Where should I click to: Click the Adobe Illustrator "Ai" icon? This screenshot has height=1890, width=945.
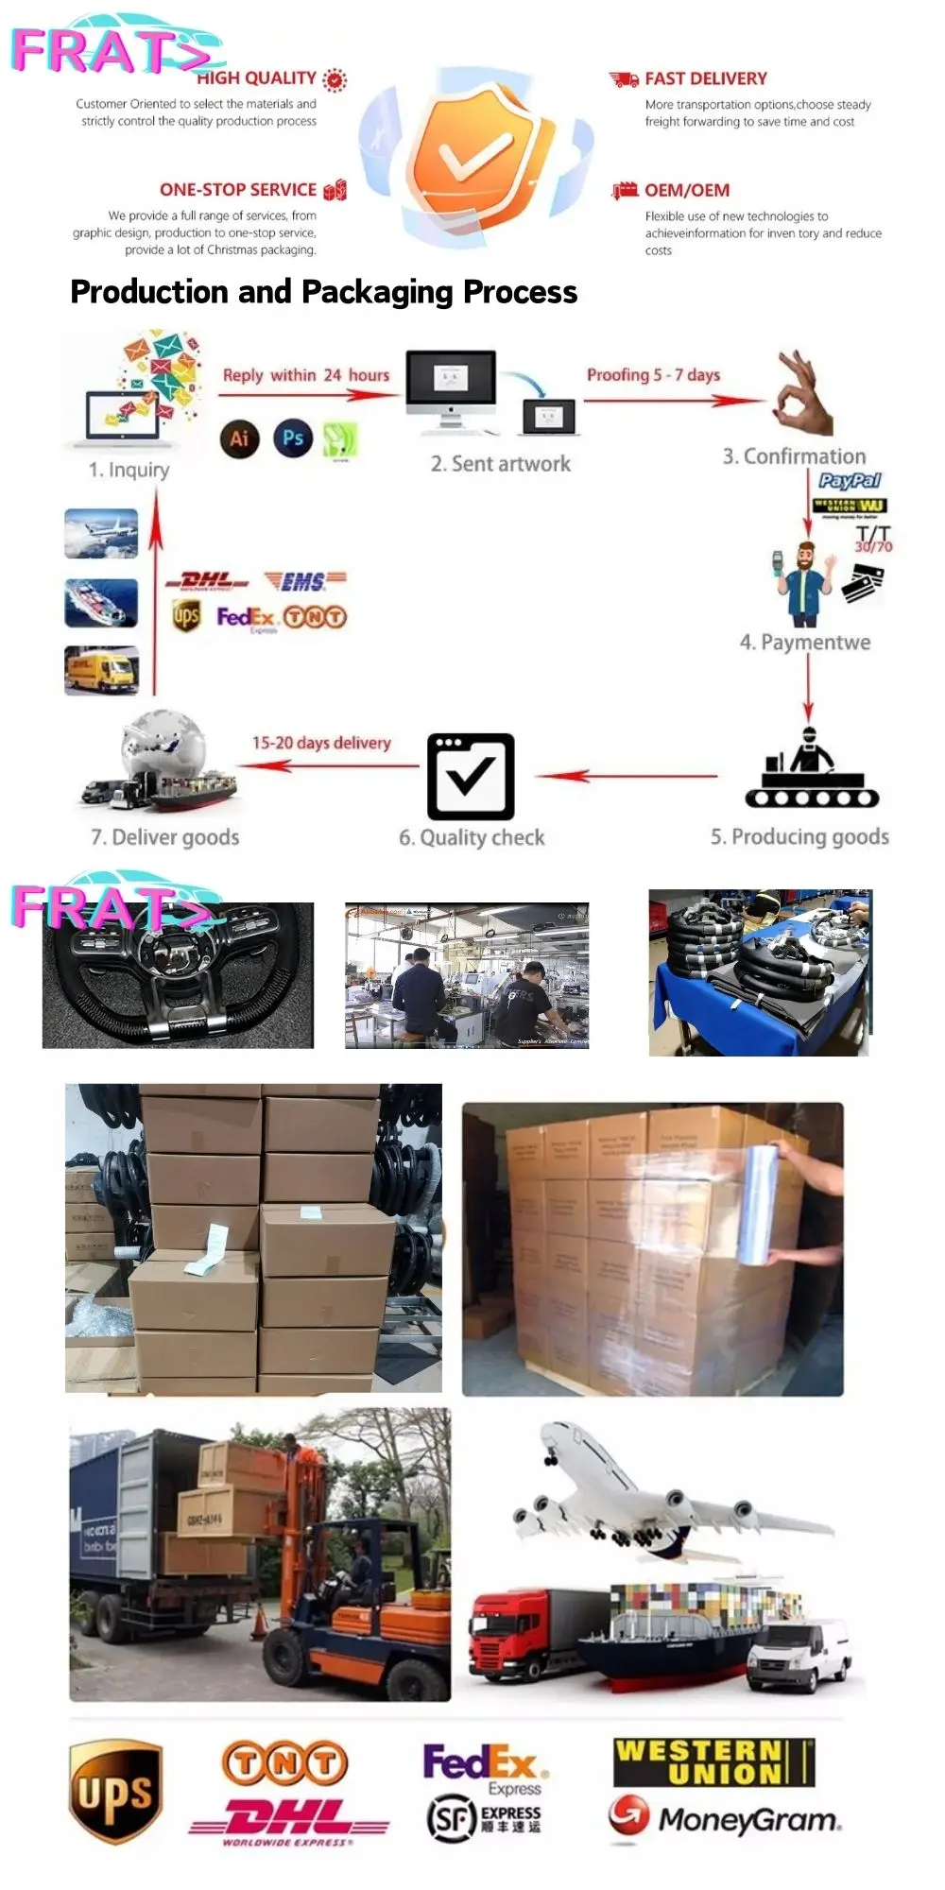pos(239,438)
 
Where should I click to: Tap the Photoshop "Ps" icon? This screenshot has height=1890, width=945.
pos(293,438)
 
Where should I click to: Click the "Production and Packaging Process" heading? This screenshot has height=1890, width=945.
pos(323,292)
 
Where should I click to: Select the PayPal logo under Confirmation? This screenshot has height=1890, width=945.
pos(850,480)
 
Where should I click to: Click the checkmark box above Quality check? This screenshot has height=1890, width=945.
pos(471,776)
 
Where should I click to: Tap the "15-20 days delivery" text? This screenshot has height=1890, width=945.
pos(320,743)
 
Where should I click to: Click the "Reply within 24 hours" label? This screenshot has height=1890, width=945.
pos(305,375)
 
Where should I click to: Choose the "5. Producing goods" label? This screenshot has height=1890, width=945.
pos(799,836)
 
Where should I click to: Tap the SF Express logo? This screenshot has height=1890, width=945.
pos(484,1818)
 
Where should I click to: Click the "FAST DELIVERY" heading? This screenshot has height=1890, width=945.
pos(705,78)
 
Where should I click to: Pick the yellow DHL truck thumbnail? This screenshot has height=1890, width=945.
pos(102,670)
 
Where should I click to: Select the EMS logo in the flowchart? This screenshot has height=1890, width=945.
pos(305,580)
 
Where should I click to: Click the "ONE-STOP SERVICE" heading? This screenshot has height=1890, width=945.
pos(238,190)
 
